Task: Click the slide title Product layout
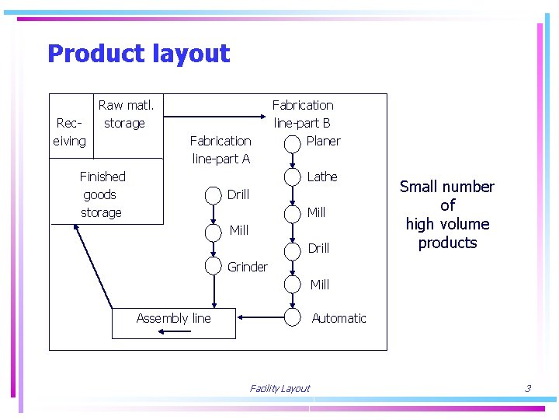138,54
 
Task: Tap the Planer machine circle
292,144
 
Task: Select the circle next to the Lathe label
292,177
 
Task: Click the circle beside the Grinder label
214,266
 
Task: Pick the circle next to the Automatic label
292,317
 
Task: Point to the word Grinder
247,267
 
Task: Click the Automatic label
339,318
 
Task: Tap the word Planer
323,141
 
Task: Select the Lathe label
321,177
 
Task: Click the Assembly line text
173,318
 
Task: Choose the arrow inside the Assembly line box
173,331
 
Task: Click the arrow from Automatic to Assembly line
259,317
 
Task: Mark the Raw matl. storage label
126,114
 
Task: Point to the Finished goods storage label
102,194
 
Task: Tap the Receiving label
69,131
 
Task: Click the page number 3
527,388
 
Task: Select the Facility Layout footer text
279,388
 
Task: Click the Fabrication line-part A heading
220,149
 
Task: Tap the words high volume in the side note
447,224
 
